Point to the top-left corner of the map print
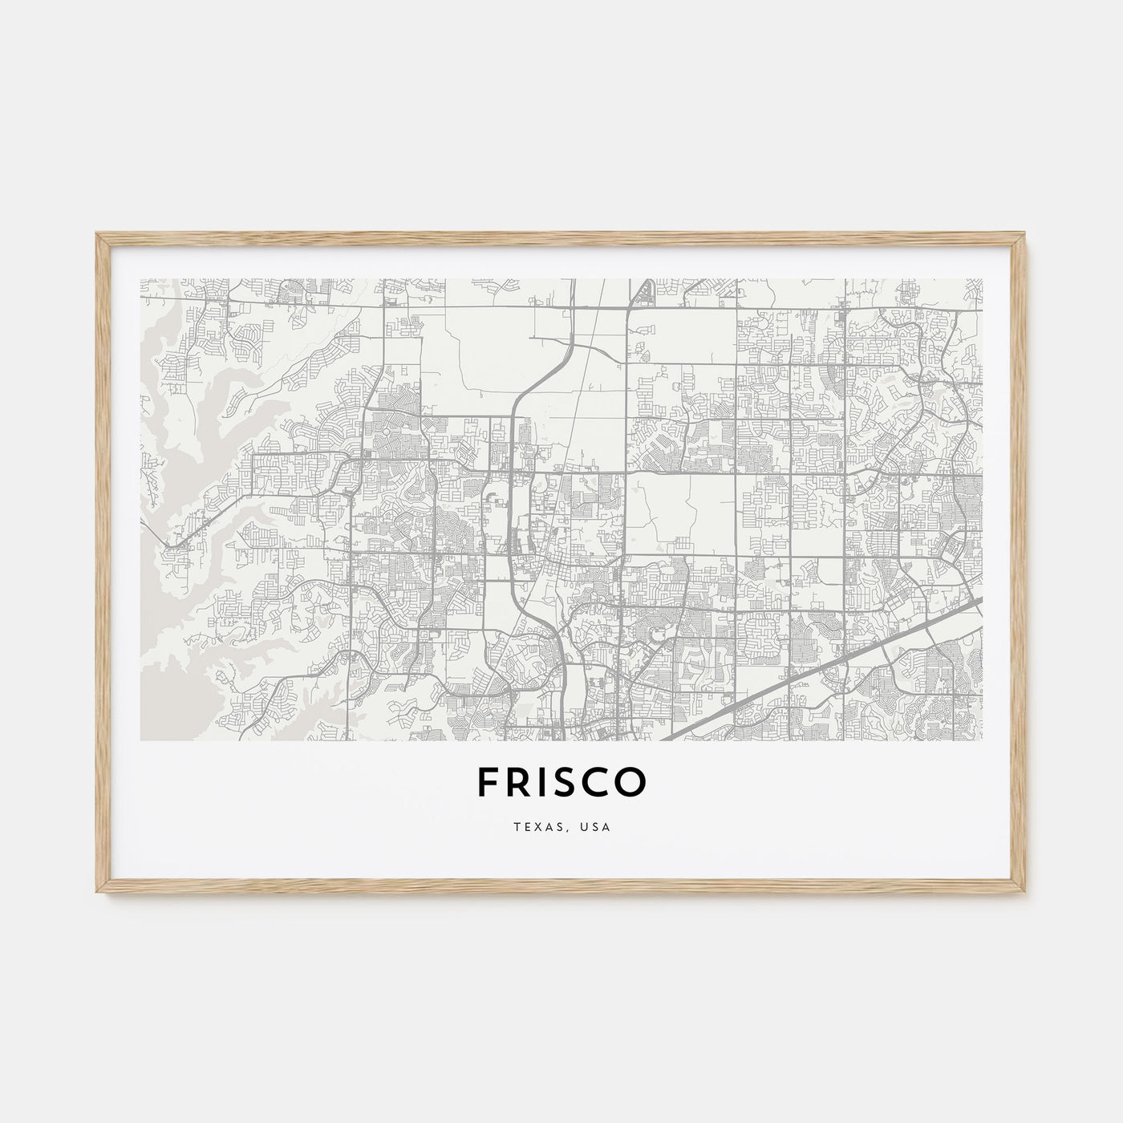[140, 279]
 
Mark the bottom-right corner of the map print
[983, 740]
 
